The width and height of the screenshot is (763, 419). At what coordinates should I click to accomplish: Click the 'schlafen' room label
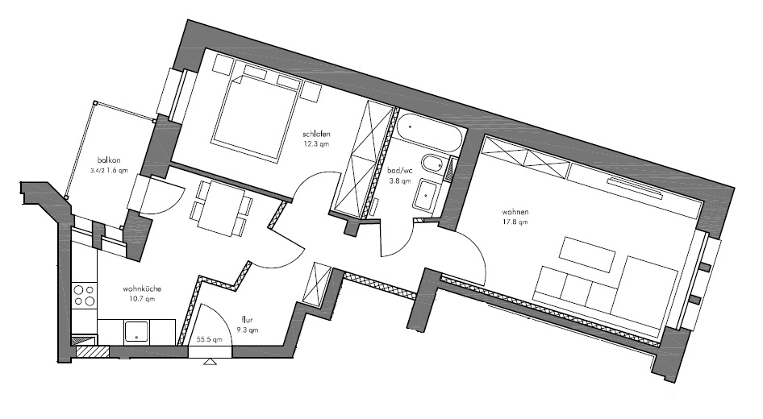tap(316, 134)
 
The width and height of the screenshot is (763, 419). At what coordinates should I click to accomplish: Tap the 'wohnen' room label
tap(515, 212)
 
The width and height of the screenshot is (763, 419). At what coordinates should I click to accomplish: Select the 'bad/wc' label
tap(399, 171)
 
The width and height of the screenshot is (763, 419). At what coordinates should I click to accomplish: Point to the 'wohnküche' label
tap(142, 288)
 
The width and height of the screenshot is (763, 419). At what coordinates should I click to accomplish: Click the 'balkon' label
tap(109, 160)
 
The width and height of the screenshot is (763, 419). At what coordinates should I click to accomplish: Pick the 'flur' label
tap(247, 320)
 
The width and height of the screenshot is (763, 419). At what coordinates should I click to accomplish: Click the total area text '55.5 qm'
tap(209, 339)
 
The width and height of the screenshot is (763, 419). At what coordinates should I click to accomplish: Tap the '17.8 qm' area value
tap(515, 222)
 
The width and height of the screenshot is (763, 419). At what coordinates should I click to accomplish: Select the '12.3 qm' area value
tap(316, 144)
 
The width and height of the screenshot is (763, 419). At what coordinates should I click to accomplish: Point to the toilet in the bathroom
tap(432, 164)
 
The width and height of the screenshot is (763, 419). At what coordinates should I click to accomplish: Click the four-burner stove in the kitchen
tap(84, 296)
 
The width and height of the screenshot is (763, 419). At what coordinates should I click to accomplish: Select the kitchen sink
tap(137, 332)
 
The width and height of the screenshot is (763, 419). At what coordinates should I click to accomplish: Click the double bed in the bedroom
tap(256, 118)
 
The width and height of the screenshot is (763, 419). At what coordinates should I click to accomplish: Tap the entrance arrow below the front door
tap(210, 362)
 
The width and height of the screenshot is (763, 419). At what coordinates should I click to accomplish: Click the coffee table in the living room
tap(587, 254)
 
